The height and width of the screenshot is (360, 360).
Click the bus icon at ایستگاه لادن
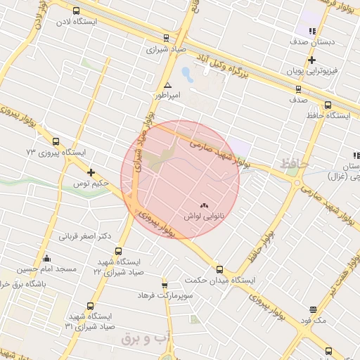[76, 11]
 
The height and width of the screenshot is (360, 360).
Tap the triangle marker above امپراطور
[167, 84]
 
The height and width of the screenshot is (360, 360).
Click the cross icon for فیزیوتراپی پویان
[311, 60]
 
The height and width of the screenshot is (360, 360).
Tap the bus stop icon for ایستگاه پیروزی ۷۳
[56, 141]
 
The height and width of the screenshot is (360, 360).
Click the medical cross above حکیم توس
[91, 172]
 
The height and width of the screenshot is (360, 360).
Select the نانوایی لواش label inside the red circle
[203, 217]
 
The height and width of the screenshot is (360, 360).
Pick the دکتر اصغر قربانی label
[84, 236]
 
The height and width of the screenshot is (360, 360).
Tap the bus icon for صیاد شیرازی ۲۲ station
[117, 250]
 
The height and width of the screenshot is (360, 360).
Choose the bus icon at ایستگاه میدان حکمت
[219, 269]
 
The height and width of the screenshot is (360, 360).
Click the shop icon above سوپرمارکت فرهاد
[165, 285]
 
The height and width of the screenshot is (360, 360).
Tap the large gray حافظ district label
[294, 163]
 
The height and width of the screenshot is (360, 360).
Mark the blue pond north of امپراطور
[187, 72]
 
